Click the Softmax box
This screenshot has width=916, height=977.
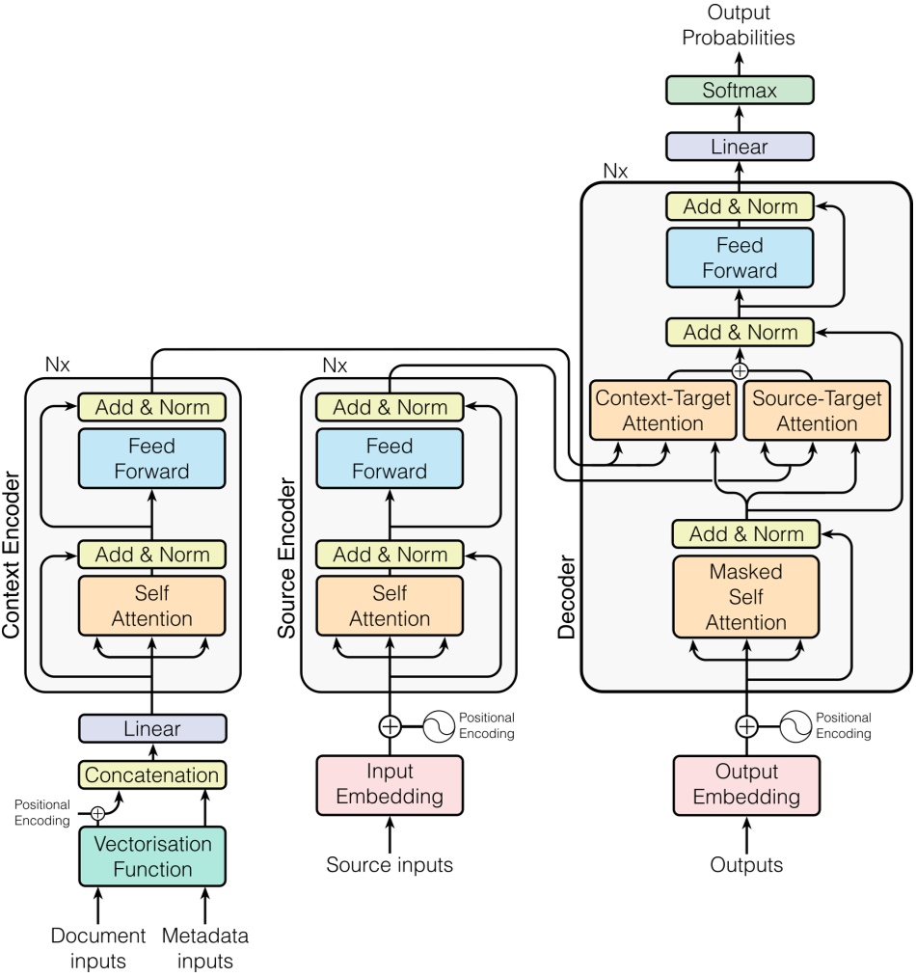[x=740, y=92]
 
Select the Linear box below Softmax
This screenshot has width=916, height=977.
[x=740, y=147]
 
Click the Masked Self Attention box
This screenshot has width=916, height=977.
[x=745, y=597]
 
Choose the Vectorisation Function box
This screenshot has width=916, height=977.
[x=151, y=855]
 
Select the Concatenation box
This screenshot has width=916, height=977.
[x=151, y=774]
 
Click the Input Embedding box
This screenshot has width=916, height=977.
[x=390, y=784]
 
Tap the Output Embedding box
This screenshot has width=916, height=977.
[x=746, y=784]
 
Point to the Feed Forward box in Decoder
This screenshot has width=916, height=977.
[x=740, y=258]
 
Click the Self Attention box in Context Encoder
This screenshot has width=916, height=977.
[x=151, y=605]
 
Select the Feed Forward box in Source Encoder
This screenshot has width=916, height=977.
[x=390, y=459]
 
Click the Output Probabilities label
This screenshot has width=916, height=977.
[x=739, y=26]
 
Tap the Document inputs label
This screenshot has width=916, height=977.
[x=97, y=947]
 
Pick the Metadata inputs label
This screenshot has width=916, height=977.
[x=205, y=947]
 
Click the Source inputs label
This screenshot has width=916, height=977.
[x=390, y=865]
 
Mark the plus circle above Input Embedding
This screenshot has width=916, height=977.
[x=390, y=724]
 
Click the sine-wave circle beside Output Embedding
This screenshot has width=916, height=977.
[x=795, y=725]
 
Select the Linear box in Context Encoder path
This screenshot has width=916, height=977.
[x=151, y=728]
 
